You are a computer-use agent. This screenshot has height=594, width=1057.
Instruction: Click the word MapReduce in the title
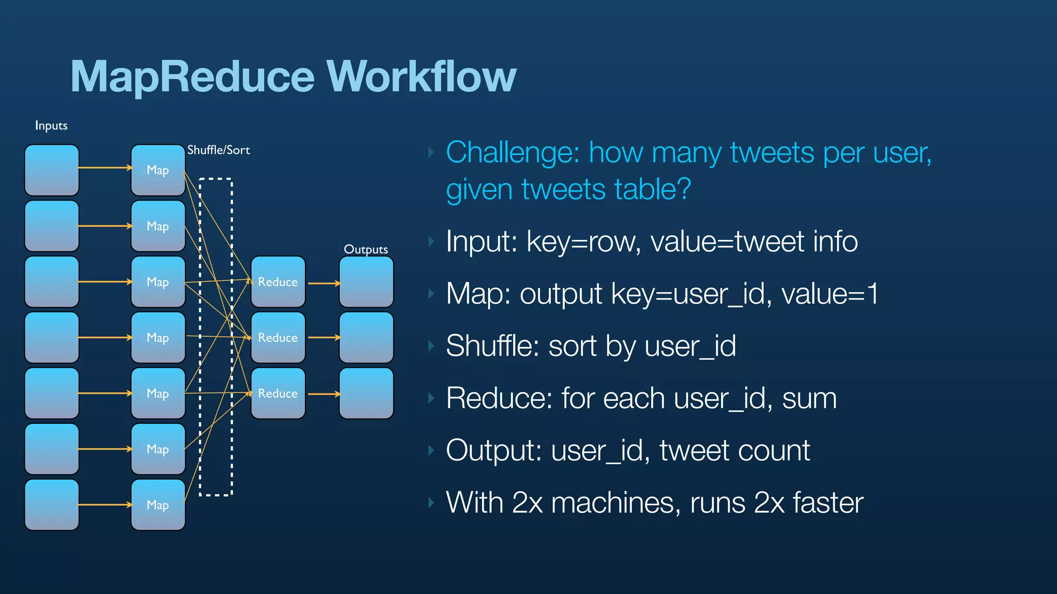click(x=192, y=76)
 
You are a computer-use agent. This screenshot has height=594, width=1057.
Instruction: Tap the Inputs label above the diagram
click(x=51, y=126)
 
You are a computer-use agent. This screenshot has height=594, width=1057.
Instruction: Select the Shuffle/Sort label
click(x=218, y=150)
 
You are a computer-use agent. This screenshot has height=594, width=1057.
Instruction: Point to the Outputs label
click(x=366, y=250)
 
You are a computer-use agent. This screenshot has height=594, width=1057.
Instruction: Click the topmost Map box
click(x=158, y=170)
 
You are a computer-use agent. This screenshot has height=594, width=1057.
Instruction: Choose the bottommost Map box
click(x=158, y=505)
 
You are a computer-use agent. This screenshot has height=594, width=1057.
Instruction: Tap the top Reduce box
click(x=278, y=282)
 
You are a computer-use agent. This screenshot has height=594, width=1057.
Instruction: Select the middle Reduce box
click(x=278, y=338)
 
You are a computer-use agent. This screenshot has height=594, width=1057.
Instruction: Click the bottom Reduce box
click(x=278, y=393)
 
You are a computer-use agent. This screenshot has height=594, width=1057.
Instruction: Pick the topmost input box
click(x=52, y=170)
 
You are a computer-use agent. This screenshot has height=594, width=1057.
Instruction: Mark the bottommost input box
click(x=52, y=505)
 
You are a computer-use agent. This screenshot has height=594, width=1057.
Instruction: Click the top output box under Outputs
click(x=366, y=282)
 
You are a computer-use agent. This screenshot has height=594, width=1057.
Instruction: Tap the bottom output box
click(x=366, y=393)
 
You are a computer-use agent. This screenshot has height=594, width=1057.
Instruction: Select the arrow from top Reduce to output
click(x=324, y=283)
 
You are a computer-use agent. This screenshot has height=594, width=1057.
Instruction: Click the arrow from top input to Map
click(x=105, y=168)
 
